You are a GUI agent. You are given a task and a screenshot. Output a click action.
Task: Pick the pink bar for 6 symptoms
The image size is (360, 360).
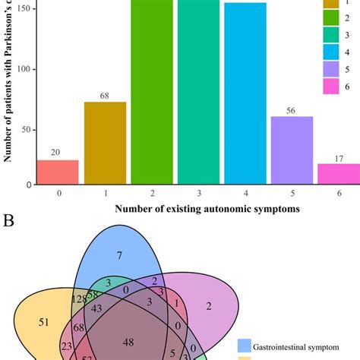click(x=339, y=174)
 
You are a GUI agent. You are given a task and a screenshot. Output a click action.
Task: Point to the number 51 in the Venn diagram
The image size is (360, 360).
click(x=43, y=322)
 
